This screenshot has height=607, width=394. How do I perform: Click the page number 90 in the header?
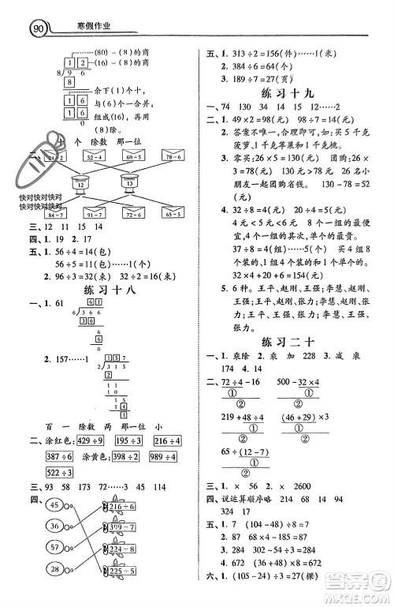click(36, 29)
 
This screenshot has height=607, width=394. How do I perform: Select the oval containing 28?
click(54, 570)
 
